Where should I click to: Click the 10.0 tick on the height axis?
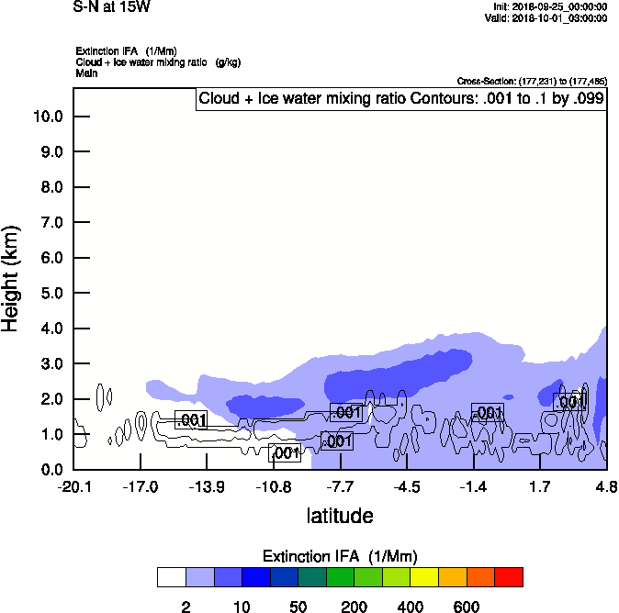tap(48, 117)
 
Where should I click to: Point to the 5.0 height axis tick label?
tap(48, 293)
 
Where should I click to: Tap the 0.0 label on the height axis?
tap(48, 470)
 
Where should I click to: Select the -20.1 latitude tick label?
tap(73, 486)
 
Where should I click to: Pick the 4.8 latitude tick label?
tap(606, 486)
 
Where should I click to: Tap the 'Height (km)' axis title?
tap(12, 277)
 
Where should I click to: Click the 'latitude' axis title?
tap(340, 516)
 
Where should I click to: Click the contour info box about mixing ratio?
tap(400, 99)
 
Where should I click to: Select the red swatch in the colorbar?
tap(509, 577)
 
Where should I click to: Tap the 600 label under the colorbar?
tap(467, 607)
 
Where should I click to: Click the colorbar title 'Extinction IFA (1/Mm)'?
tap(340, 556)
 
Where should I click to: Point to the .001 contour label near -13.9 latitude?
tap(191, 420)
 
